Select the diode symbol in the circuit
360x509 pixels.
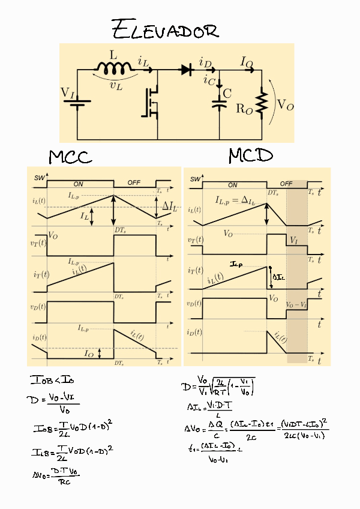click(x=186, y=70)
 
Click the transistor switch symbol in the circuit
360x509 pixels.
click(x=150, y=102)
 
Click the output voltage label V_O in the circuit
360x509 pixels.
click(x=285, y=104)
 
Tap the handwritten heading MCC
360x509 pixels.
click(x=70, y=157)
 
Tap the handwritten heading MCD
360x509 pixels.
click(x=250, y=156)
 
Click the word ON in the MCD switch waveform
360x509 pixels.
click(x=232, y=185)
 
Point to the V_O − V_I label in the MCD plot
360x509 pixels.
click(x=296, y=305)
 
